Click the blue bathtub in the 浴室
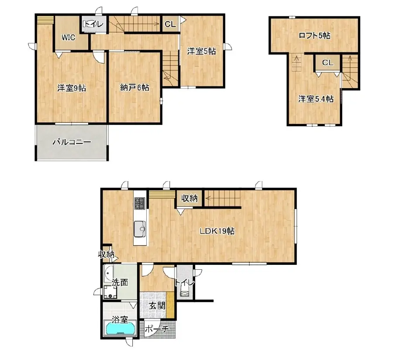coord(121,328)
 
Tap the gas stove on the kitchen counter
coord(140,203)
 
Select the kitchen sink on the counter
coord(140,229)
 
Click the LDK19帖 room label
coord(217,231)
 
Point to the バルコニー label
coord(72,142)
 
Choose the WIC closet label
coord(69,38)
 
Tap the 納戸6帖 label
coord(134,87)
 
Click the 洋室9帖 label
coord(72,88)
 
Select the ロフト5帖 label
coord(314,35)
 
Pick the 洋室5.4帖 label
coord(316,99)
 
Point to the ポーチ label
coord(157,329)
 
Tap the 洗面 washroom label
coord(120,282)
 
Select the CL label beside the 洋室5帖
coord(170,24)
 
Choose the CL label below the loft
coord(327,62)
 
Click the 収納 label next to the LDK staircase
coord(190,199)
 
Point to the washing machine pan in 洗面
coord(110,292)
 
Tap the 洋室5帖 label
coord(201,51)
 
